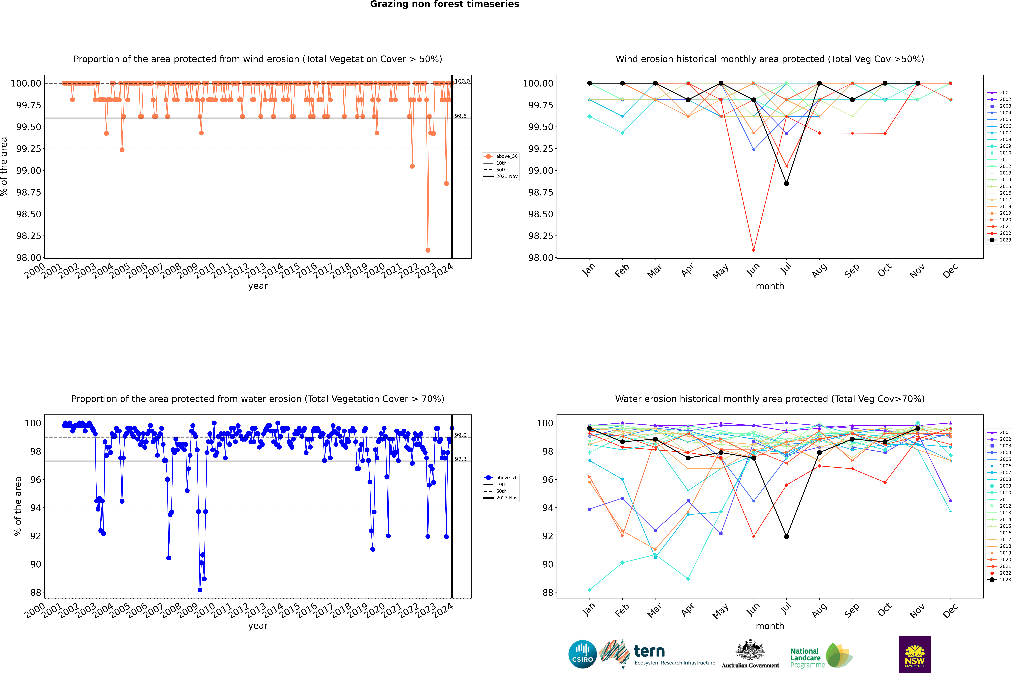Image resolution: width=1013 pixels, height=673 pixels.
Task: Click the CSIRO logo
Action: tap(582, 654)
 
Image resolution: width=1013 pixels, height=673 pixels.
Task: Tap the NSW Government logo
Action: tap(915, 654)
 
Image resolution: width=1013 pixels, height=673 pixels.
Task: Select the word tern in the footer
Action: tap(649, 652)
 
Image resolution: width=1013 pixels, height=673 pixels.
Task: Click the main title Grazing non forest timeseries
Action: tap(444, 4)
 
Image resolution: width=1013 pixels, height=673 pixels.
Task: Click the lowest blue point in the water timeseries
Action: tap(200, 590)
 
